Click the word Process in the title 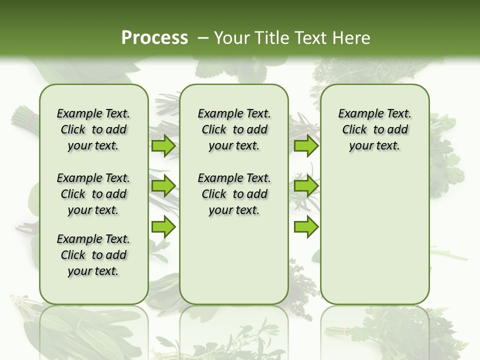(154, 38)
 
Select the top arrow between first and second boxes (163, 146)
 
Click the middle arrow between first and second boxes (163, 186)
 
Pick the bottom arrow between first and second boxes (163, 227)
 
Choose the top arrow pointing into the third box (306, 146)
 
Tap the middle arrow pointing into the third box (306, 186)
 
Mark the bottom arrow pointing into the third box (306, 227)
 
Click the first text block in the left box (93, 129)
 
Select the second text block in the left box (93, 194)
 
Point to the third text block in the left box (93, 255)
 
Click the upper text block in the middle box (234, 129)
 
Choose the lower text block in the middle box (234, 194)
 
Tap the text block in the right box (374, 129)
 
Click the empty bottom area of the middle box (234, 265)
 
